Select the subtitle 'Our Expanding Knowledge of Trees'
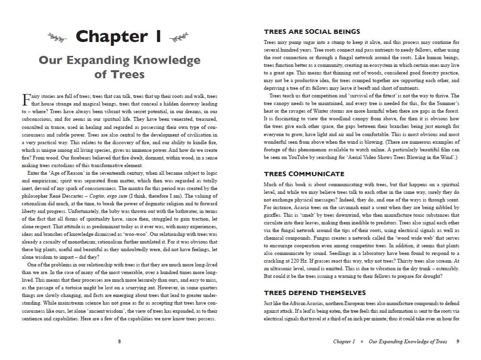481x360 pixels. click(x=119, y=67)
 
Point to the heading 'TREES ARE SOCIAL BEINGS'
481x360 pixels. click(x=311, y=32)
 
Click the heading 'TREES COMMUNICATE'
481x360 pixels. click(x=303, y=174)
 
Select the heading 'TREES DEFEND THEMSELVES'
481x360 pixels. click(x=314, y=293)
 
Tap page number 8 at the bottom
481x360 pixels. click(x=119, y=341)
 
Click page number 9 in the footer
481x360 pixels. click(x=458, y=341)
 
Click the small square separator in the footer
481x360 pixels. click(x=362, y=342)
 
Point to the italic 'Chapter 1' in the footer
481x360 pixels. click(x=344, y=341)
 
